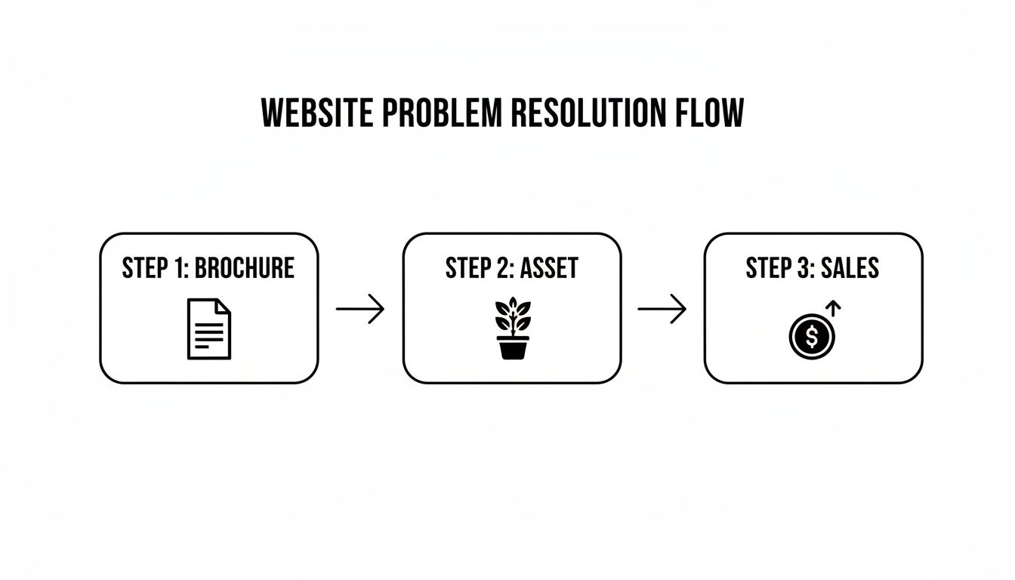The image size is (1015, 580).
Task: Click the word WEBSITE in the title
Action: point(316,114)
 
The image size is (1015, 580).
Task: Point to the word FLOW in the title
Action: point(708,114)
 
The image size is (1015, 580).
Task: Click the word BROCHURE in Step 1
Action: point(244,268)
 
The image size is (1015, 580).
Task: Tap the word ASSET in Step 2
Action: point(550,268)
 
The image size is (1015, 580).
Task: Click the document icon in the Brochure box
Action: point(209,329)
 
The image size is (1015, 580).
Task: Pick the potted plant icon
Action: point(512,329)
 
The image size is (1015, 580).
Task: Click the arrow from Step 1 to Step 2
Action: point(360,309)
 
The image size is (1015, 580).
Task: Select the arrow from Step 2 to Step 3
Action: point(662,309)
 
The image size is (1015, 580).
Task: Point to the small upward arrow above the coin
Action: point(834,308)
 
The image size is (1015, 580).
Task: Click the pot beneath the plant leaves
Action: point(512,348)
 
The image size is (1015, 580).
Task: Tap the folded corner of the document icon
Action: point(224,307)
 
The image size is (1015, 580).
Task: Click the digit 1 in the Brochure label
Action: point(178,268)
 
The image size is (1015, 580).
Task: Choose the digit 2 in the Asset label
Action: point(503,268)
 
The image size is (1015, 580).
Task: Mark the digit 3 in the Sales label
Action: point(802,268)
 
